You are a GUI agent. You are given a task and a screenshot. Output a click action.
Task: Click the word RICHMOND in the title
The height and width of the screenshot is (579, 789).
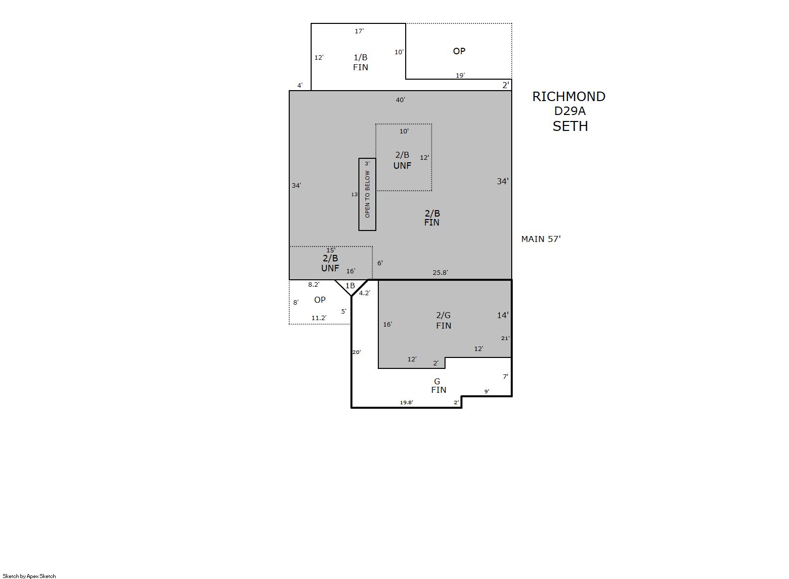[x=568, y=97]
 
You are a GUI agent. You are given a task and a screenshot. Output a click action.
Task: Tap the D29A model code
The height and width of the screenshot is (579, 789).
[x=569, y=111]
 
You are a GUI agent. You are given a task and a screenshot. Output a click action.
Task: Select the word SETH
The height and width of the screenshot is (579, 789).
[x=570, y=126]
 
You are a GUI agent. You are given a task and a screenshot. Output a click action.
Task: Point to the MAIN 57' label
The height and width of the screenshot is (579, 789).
[x=541, y=239]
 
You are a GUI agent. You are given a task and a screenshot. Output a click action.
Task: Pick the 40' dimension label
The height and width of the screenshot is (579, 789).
[x=400, y=100]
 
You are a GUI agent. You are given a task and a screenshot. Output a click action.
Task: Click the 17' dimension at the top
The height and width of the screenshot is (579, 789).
[x=359, y=31]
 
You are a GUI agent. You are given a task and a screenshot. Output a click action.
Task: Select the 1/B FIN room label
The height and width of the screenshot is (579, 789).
[x=360, y=62]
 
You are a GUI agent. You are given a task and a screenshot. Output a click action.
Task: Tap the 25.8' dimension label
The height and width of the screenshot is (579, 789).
[x=440, y=273]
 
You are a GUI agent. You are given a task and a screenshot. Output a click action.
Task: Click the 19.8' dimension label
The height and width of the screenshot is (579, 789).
[x=406, y=402]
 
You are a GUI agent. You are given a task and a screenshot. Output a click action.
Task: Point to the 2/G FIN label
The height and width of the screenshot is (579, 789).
[x=444, y=321]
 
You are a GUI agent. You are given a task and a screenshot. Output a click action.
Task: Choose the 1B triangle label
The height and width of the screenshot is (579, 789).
[x=350, y=286]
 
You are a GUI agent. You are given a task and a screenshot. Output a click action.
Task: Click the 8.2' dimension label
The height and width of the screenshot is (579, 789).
[x=314, y=285]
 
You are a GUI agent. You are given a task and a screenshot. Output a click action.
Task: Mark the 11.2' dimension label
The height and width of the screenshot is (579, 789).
[x=319, y=318]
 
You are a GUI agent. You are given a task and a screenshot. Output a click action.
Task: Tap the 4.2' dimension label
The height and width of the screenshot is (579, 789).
[x=364, y=293]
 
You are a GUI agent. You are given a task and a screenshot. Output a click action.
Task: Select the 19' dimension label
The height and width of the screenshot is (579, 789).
[x=460, y=75]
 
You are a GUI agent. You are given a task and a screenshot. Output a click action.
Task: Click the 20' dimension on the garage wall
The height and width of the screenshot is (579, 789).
[x=356, y=352]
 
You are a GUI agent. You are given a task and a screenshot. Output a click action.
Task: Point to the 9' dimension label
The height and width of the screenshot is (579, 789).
[x=486, y=391]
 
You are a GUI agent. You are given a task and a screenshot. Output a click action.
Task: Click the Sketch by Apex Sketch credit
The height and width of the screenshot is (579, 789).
[x=29, y=576]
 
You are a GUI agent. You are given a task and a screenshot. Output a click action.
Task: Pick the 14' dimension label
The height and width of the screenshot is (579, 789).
[x=503, y=315]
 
